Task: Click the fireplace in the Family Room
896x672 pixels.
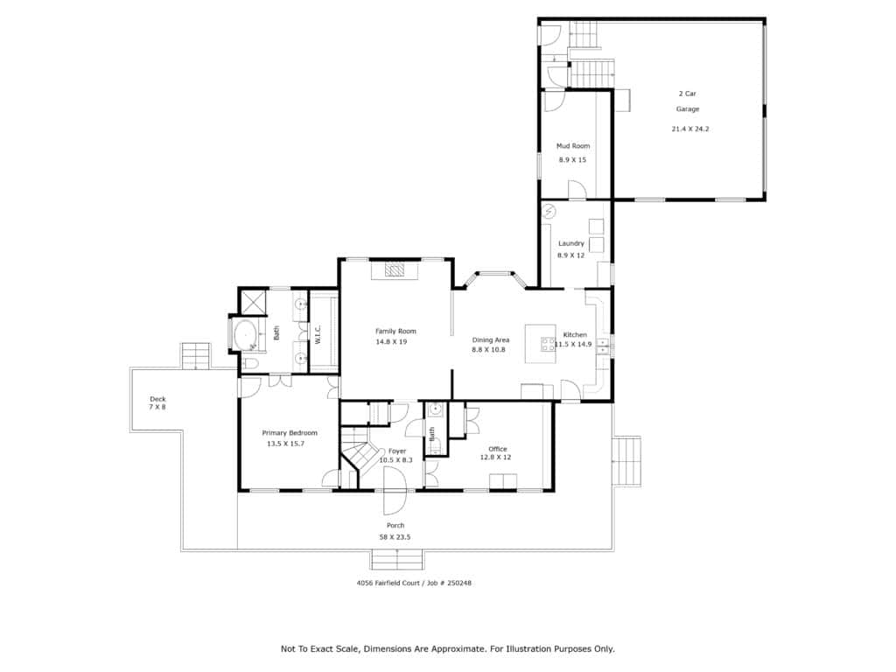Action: (395, 269)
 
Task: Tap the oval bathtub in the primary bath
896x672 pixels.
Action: (245, 335)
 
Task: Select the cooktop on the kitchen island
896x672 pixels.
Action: (548, 344)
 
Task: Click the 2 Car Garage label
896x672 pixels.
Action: (688, 101)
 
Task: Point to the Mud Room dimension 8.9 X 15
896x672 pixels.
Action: (572, 160)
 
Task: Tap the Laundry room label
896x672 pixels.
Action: (570, 243)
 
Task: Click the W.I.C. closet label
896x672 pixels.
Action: (318, 335)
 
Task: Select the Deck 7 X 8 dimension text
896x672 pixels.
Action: (157, 407)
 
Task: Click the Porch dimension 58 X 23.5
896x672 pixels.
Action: (395, 537)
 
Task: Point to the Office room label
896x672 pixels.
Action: (497, 449)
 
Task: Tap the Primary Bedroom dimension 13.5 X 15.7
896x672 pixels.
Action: (286, 444)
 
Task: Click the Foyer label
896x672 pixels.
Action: (397, 451)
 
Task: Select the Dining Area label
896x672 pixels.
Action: (490, 340)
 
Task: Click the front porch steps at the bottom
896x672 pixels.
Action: (397, 559)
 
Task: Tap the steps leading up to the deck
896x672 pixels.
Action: (196, 356)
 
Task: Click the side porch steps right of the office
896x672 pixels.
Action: (626, 461)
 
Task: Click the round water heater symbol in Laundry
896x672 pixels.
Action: (549, 212)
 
